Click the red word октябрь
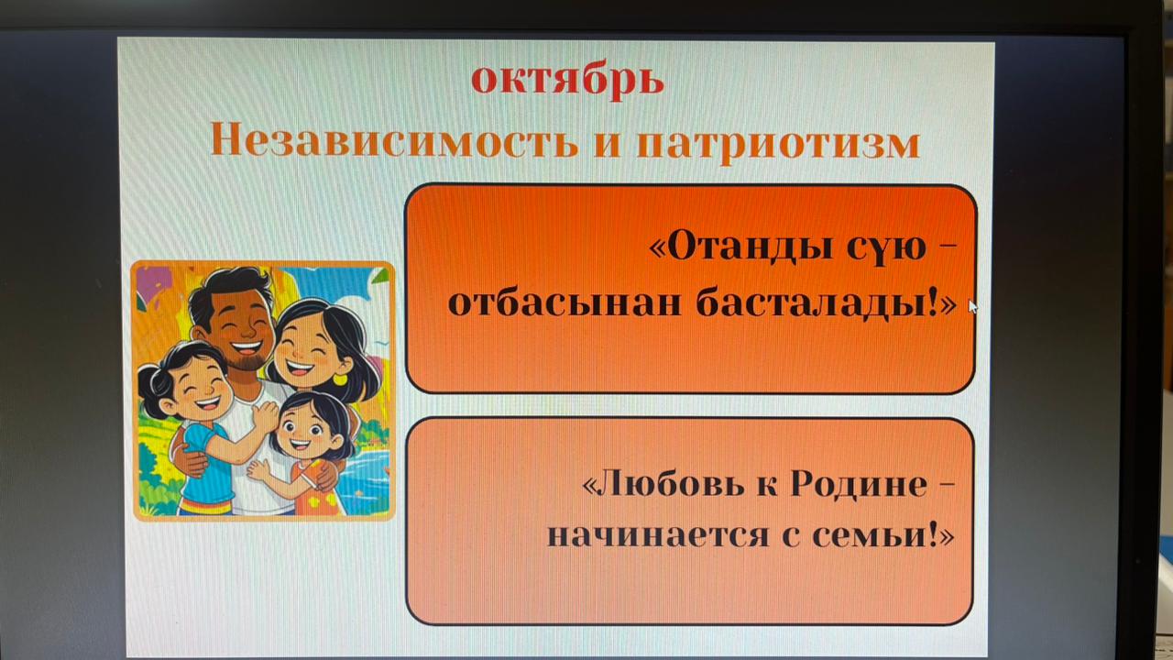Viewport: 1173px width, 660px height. (x=567, y=80)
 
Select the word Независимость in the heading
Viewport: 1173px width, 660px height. (x=394, y=142)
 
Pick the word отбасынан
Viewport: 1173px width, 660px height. (x=565, y=302)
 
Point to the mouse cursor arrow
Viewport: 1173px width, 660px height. (x=972, y=307)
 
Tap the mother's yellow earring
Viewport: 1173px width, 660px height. (x=340, y=379)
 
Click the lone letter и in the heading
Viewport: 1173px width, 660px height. (x=608, y=145)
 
